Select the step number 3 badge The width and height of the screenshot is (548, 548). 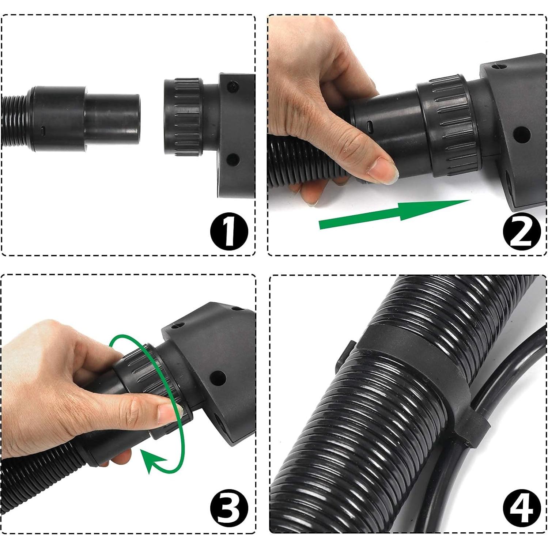pos(229,509)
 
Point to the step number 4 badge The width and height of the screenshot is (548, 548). pos(521,509)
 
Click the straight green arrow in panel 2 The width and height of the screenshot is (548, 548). pos(395,215)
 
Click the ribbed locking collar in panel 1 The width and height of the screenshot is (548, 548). pos(183,117)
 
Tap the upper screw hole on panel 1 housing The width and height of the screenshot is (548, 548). pos(233,86)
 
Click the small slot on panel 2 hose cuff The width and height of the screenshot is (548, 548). pos(370,127)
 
